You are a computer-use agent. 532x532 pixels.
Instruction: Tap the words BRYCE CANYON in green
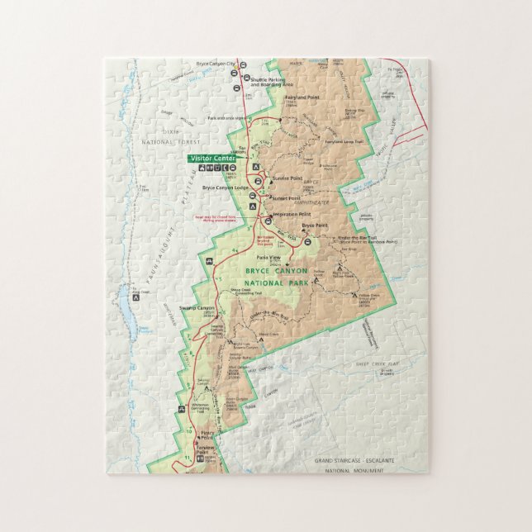[277, 270]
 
